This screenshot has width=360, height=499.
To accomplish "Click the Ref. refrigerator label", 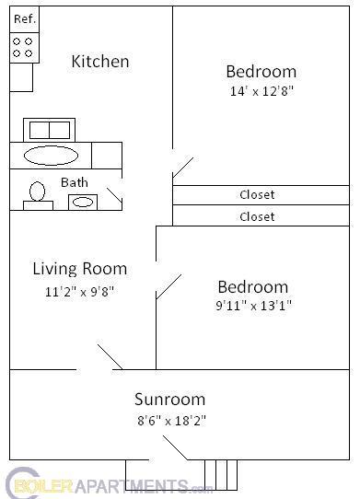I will (24, 18).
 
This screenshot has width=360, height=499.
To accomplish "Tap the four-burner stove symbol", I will (24, 47).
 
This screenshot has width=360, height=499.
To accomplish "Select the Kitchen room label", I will (100, 62).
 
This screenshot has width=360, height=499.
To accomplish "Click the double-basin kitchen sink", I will (49, 130).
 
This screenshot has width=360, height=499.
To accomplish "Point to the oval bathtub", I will (51, 155).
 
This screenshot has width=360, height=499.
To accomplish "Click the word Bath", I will (75, 182).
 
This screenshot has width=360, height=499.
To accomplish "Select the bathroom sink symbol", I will (84, 202).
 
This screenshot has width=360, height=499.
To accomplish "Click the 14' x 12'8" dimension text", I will (261, 91).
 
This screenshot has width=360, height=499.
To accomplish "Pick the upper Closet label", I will (257, 194).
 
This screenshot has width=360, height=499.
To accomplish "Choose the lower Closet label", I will (257, 216).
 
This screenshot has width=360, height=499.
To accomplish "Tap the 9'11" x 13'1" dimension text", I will (252, 307).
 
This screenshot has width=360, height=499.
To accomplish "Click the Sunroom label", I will (169, 400).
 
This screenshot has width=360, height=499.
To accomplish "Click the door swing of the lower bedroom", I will (168, 286).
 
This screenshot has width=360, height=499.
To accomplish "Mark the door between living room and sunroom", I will (110, 357).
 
